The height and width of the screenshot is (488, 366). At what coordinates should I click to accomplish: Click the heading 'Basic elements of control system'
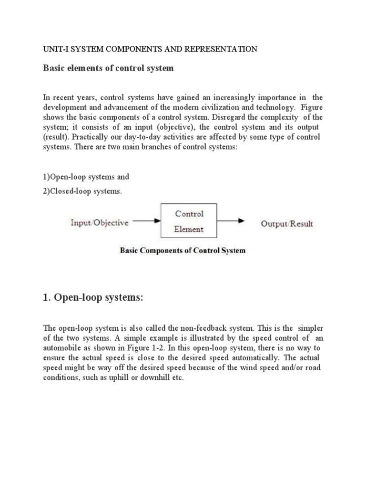pyautogui.click(x=109, y=68)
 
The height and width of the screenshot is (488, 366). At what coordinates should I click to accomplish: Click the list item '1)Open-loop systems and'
pyautogui.click(x=86, y=177)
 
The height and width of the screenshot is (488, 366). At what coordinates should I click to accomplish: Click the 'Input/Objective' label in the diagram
pyautogui.click(x=100, y=223)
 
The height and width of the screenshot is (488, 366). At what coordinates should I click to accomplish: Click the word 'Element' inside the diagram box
pyautogui.click(x=189, y=229)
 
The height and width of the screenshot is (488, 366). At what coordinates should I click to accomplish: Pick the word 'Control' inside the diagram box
pyautogui.click(x=189, y=214)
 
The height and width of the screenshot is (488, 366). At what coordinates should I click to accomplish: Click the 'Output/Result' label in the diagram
pyautogui.click(x=287, y=224)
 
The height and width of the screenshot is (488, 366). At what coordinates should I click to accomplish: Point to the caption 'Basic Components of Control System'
pyautogui.click(x=183, y=251)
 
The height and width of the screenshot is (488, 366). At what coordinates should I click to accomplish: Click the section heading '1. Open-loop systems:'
pyautogui.click(x=93, y=298)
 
